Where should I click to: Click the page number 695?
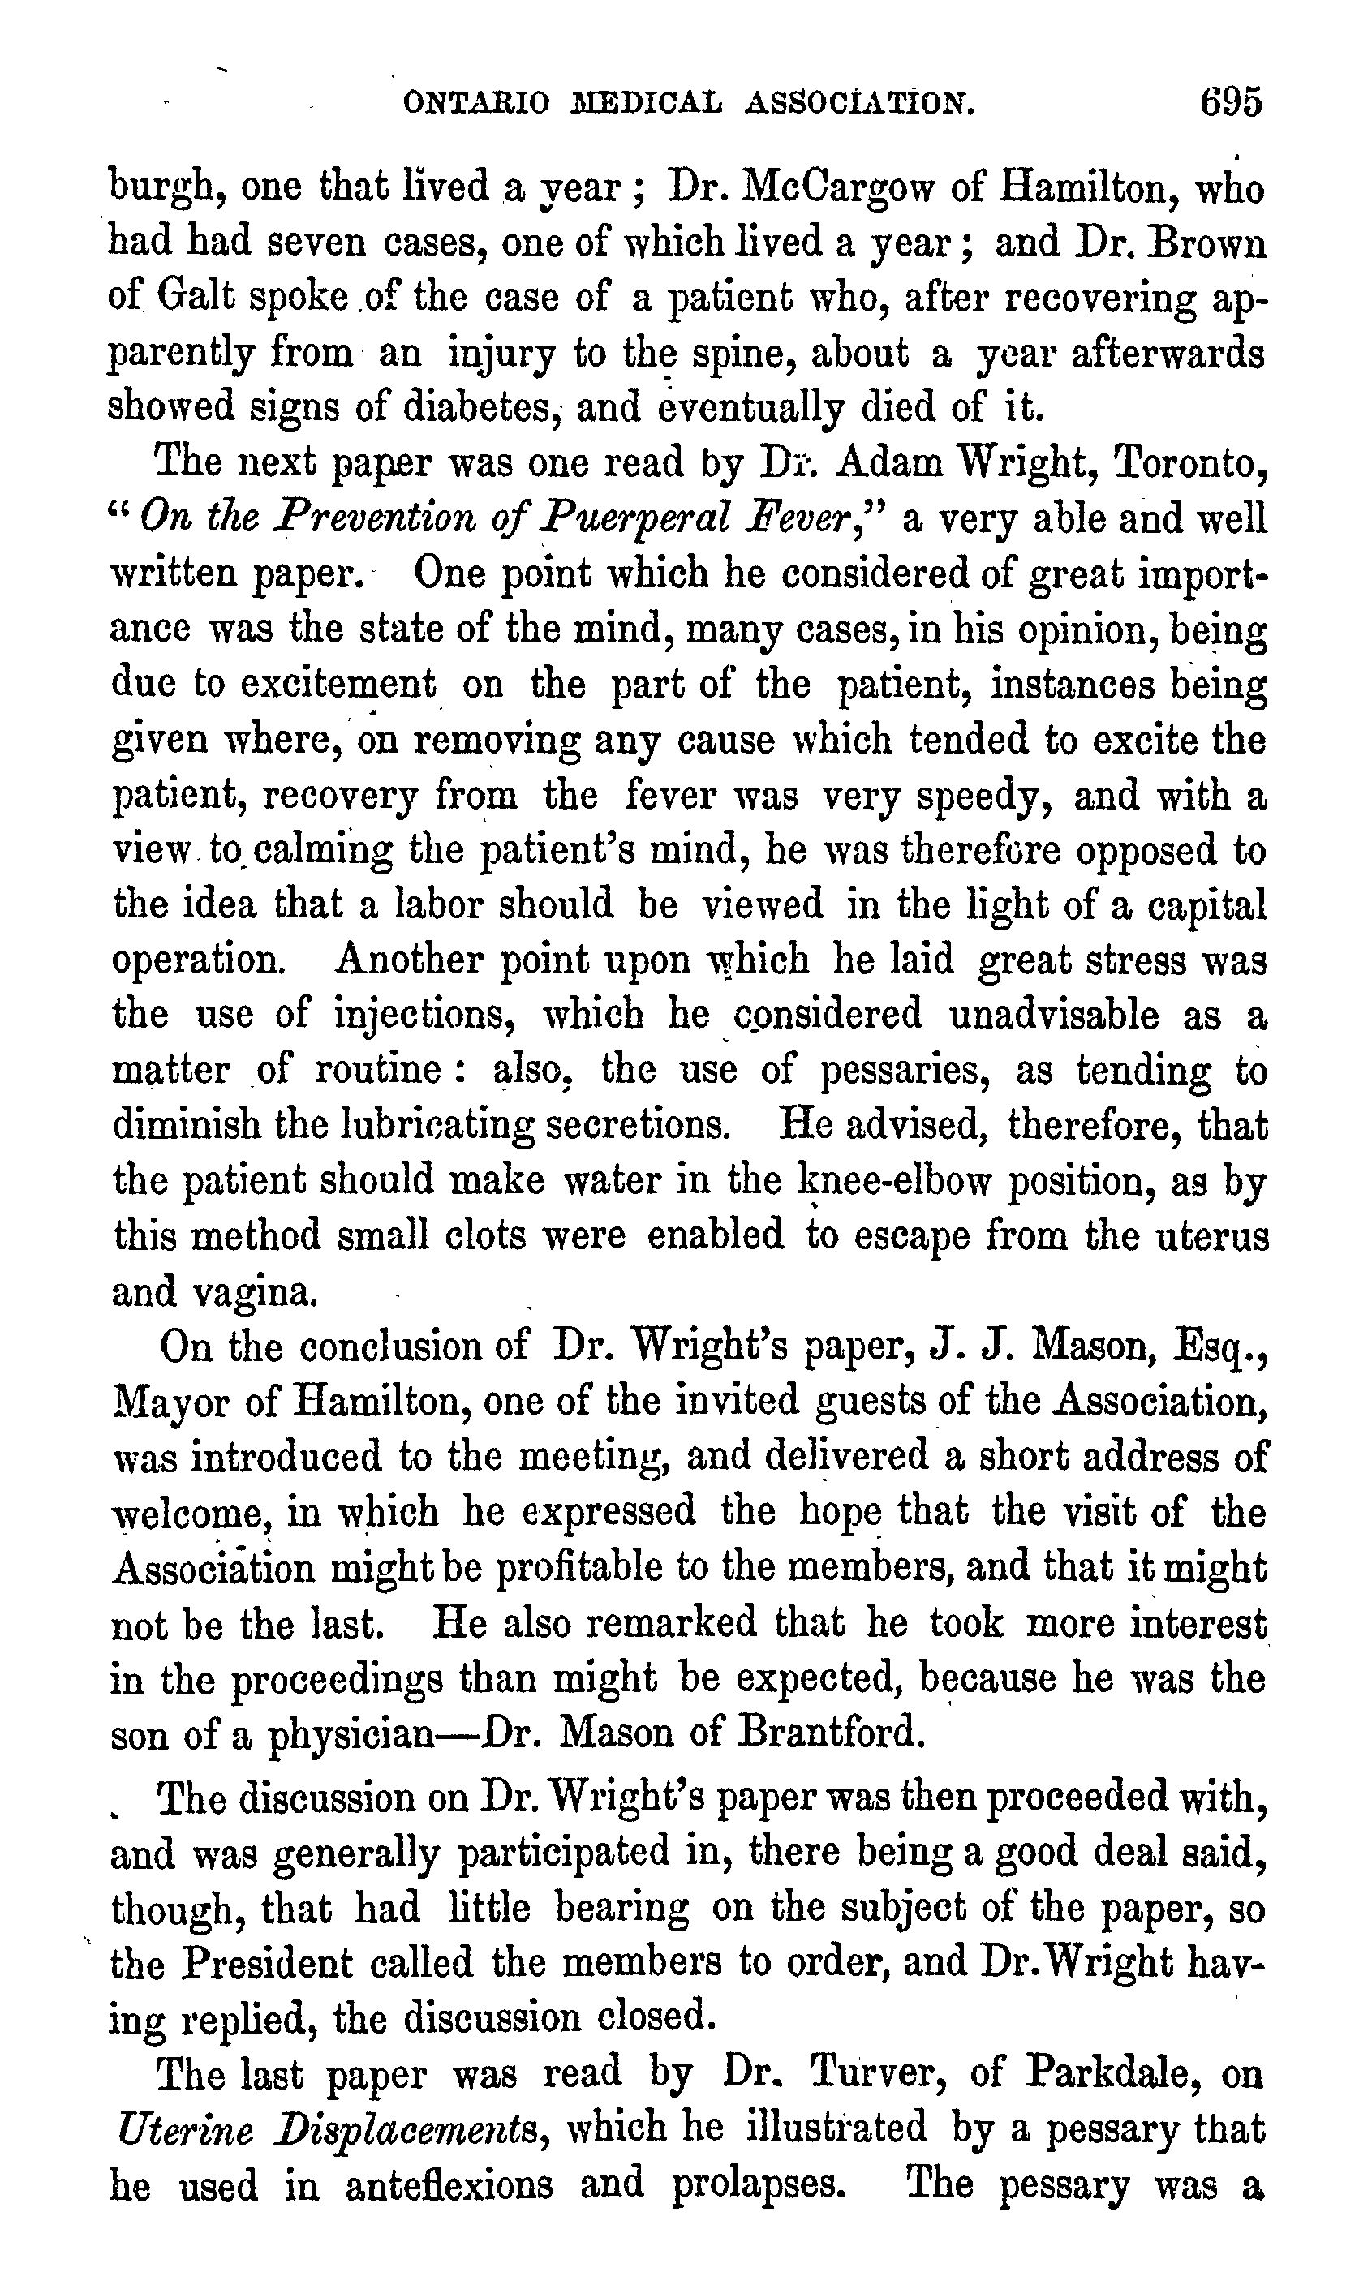pyautogui.click(x=1231, y=101)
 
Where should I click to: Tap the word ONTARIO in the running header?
pyautogui.click(x=476, y=104)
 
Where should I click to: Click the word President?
pyautogui.click(x=265, y=1963)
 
